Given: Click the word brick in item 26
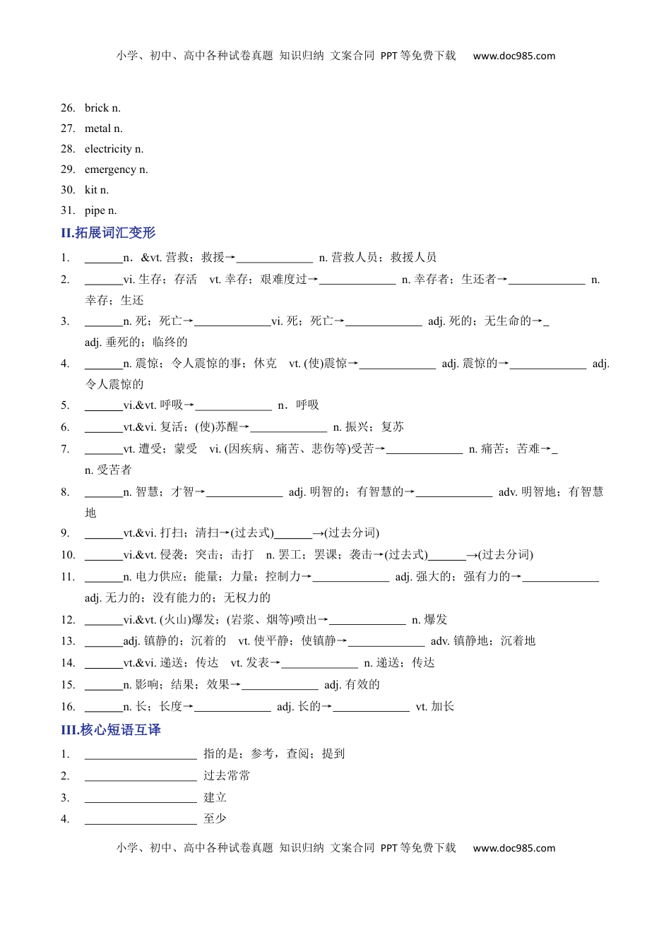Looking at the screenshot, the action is pyautogui.click(x=97, y=108).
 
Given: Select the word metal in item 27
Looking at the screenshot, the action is pyautogui.click(x=97, y=129).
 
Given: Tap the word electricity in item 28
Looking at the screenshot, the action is pyautogui.click(x=108, y=149).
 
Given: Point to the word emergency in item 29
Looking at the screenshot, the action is pyautogui.click(x=110, y=169).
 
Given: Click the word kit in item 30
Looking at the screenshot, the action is pyautogui.click(x=91, y=190).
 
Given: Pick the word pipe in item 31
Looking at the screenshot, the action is pyautogui.click(x=95, y=210).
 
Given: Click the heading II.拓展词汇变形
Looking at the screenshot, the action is pyautogui.click(x=108, y=233).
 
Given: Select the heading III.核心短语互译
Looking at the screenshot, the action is pyautogui.click(x=111, y=730).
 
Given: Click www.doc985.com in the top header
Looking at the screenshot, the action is pyautogui.click(x=513, y=56).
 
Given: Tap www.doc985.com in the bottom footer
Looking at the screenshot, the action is pyautogui.click(x=513, y=848).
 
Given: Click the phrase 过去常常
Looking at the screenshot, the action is pyautogui.click(x=227, y=776).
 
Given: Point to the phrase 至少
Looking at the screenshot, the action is pyautogui.click(x=215, y=819).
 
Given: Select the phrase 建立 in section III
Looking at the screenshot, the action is pyautogui.click(x=215, y=798).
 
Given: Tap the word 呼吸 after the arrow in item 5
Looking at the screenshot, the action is pyautogui.click(x=307, y=405).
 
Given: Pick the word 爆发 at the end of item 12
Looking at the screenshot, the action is pyautogui.click(x=435, y=620).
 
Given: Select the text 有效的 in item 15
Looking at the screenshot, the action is pyautogui.click(x=362, y=685).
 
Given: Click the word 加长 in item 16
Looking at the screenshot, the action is pyautogui.click(x=442, y=707).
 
